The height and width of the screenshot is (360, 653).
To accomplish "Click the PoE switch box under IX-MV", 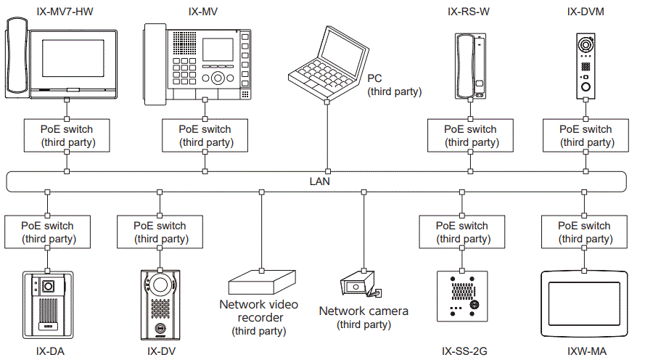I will pos(205,136).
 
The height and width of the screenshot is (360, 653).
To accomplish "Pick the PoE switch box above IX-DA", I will pos(48,232).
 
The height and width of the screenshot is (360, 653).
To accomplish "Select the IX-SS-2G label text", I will pos(464,352).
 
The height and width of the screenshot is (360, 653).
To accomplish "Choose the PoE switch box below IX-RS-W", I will pos(470,136).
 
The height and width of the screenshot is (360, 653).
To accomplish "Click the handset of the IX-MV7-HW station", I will pos(15,59).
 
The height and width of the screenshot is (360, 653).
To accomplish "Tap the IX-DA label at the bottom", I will pos(48,352).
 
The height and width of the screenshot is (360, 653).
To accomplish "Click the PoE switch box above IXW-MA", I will pos(583,232).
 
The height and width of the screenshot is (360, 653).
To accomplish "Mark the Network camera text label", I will pos(364,311).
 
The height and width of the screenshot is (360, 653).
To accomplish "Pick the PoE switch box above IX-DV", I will pos(159,232).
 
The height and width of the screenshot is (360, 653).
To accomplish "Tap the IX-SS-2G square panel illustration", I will pos(461,296).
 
